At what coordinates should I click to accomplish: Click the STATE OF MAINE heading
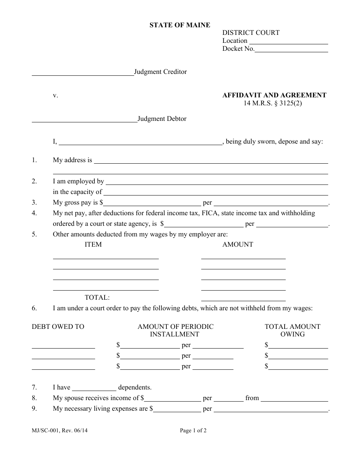click(x=180, y=25)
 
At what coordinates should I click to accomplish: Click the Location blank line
click(x=288, y=42)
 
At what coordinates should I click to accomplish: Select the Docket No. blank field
click(x=291, y=50)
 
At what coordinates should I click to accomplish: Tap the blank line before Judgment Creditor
click(x=83, y=73)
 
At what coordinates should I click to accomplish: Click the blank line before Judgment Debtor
click(x=84, y=120)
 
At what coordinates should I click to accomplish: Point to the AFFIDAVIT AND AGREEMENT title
click(x=274, y=95)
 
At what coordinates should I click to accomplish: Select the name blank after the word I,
click(x=141, y=143)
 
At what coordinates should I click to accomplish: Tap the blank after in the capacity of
click(x=216, y=193)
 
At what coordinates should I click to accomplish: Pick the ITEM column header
click(x=93, y=245)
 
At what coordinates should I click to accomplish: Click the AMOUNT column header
click(x=238, y=245)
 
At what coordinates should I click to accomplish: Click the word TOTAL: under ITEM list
click(x=97, y=298)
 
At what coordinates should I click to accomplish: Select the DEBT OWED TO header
click(x=58, y=327)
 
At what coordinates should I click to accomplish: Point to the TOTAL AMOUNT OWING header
click(x=292, y=330)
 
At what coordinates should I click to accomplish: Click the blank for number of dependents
click(x=94, y=388)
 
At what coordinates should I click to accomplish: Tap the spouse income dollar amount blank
click(x=172, y=399)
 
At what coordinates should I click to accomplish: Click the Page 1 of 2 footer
click(x=193, y=430)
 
